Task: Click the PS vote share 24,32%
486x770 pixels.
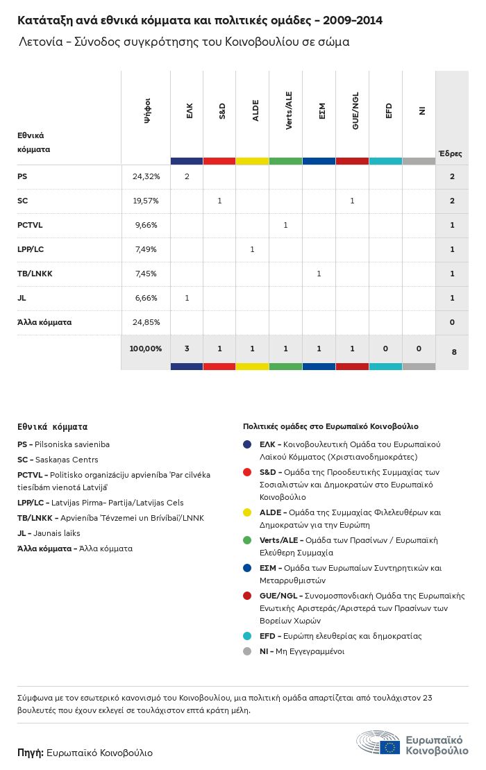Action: tap(146, 177)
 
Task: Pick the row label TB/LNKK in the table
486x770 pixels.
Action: tap(35, 274)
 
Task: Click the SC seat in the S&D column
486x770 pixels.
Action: tap(219, 201)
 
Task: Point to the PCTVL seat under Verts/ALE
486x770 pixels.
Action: tap(285, 225)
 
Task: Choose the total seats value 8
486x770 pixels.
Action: tap(454, 352)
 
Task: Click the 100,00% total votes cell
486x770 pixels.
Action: tap(146, 349)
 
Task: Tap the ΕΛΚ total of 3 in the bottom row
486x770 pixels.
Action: tap(187, 349)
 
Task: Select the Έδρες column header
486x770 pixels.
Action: tap(450, 153)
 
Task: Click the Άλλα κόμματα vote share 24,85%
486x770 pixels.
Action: tap(146, 322)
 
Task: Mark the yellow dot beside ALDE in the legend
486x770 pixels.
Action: tap(248, 513)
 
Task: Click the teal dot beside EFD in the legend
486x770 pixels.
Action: tap(248, 636)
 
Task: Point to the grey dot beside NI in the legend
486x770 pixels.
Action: tap(248, 651)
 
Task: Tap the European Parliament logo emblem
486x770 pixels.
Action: tap(378, 743)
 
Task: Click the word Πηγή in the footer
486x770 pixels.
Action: tap(31, 753)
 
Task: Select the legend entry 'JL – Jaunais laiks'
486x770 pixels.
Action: tap(49, 533)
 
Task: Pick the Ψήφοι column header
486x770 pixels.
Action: tap(147, 111)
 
